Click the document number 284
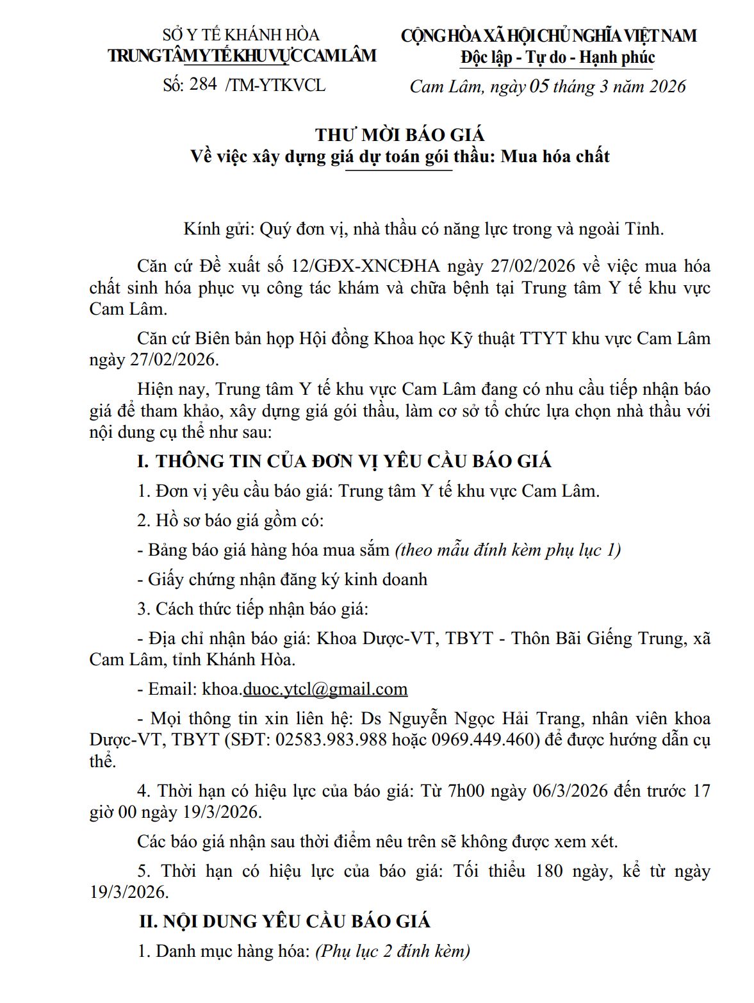(x=203, y=84)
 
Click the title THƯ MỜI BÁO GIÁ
(x=400, y=135)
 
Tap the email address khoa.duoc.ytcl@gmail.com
(x=305, y=689)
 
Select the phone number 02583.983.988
(x=331, y=740)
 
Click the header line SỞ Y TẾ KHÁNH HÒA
(x=241, y=35)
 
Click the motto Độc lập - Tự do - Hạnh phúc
(x=557, y=58)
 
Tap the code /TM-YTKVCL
(x=275, y=85)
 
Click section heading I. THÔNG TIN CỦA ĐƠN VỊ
(x=344, y=461)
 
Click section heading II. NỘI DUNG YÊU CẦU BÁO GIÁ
(x=284, y=922)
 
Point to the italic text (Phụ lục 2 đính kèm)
(x=393, y=951)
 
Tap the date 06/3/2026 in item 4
(x=570, y=791)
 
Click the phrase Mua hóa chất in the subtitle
(x=555, y=156)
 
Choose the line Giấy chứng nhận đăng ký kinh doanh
(x=282, y=579)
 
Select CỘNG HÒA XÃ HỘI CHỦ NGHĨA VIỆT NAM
(x=548, y=36)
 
